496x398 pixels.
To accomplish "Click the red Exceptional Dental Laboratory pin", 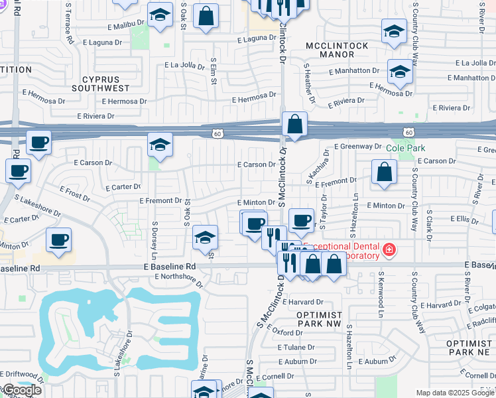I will point(389,251).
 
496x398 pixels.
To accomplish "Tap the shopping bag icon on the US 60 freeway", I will point(294,124).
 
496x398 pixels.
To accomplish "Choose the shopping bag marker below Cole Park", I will point(385,172).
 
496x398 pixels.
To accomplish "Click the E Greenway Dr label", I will point(358,147).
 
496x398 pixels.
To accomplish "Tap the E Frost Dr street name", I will point(74,192).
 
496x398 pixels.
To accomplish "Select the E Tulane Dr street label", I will point(296,348).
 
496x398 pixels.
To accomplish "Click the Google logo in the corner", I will point(21,390).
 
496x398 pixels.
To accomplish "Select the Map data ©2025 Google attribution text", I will point(454,393).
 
